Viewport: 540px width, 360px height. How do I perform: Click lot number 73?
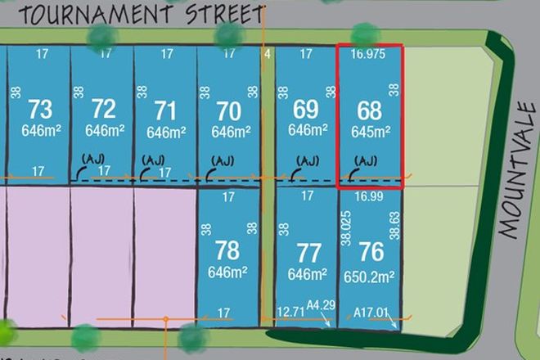point(39,108)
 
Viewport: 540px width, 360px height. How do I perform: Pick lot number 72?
point(103,108)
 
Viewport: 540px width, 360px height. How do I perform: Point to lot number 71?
point(166,109)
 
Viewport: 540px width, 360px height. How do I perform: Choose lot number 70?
point(229,109)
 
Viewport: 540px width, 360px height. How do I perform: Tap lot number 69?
point(306,108)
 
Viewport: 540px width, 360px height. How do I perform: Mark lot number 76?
point(371,251)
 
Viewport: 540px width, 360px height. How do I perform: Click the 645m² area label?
point(371,131)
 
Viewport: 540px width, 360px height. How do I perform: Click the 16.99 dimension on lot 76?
point(370,196)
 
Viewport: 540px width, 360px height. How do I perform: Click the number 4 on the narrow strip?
point(267,55)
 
